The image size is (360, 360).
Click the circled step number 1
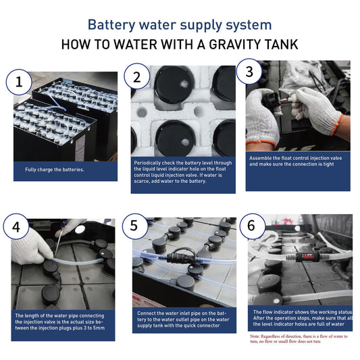pos(19,82)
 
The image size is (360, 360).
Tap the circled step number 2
pos(137,77)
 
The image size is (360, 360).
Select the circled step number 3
pos(249,72)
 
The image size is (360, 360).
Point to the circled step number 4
pos(16,227)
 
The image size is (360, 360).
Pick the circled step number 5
pos(135,226)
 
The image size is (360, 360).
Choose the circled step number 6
pos(253,226)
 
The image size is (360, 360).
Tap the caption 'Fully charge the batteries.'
pos(55,170)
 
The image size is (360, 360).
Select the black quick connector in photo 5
pos(182,257)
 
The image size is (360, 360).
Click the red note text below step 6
pos(299,338)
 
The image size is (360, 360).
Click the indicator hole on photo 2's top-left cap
pos(184,84)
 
